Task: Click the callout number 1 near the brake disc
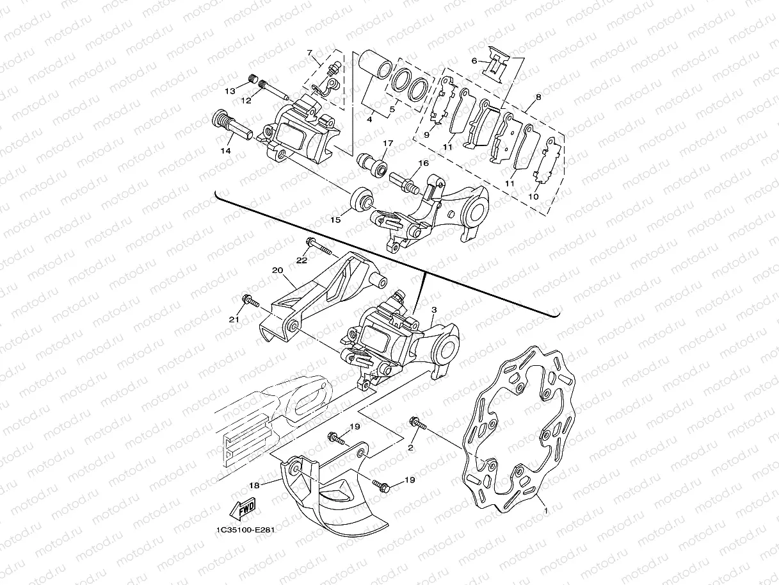point(545,511)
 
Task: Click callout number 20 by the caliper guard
point(277,270)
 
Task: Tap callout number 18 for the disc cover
point(254,486)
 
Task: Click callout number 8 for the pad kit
point(538,98)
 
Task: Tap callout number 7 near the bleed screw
point(309,52)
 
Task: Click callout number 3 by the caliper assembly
point(433,309)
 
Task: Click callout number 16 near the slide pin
point(424,164)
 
